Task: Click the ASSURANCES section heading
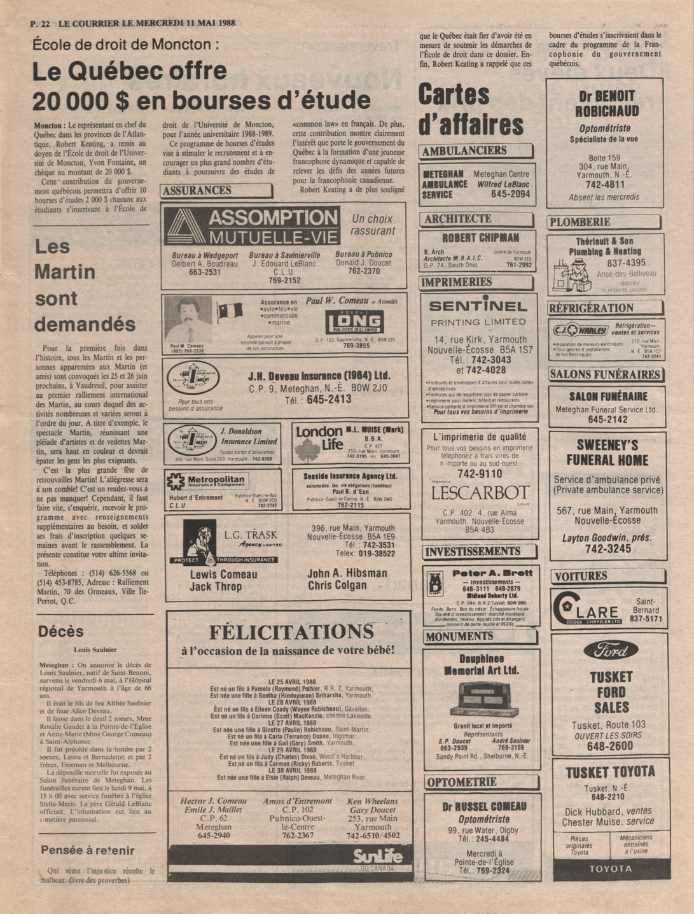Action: click(x=197, y=190)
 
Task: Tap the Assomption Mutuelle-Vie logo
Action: click(x=252, y=227)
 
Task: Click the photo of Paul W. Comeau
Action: click(x=188, y=320)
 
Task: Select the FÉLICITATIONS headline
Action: click(x=291, y=631)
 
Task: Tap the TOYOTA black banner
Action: click(x=611, y=869)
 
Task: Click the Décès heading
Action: click(x=60, y=631)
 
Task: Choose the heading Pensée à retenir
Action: click(x=88, y=850)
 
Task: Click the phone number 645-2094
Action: click(x=510, y=194)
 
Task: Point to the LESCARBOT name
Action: click(x=480, y=493)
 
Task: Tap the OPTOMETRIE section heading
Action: click(x=462, y=782)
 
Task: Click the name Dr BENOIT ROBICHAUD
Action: click(x=607, y=104)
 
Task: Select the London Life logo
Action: click(x=319, y=441)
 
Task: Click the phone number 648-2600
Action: click(x=609, y=746)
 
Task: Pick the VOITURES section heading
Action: click(x=581, y=577)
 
